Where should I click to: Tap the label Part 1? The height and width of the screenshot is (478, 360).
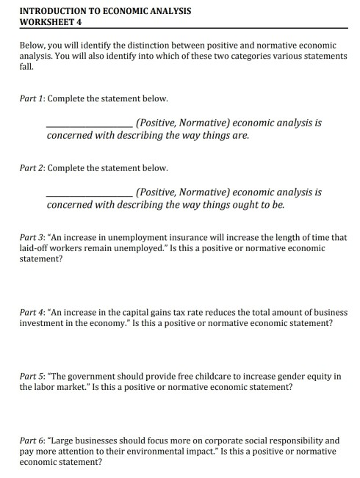pos(34,98)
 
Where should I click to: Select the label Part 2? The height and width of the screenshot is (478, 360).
pos(34,167)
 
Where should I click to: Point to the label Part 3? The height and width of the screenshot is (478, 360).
pos(34,238)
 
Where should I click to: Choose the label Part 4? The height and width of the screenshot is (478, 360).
pos(34,312)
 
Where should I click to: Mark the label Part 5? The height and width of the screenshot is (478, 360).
pos(34,376)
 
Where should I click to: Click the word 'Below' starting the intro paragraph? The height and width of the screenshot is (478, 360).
pos(33,45)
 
